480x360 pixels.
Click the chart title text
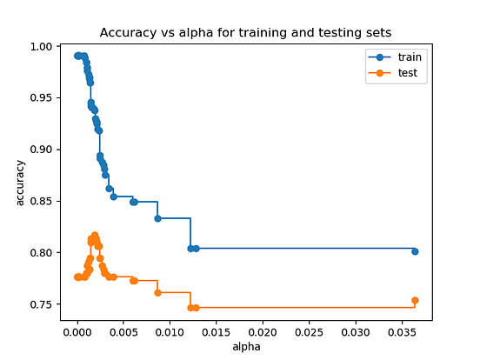[245, 32]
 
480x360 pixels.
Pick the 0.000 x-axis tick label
[77, 332]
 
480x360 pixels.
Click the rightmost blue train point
[415, 251]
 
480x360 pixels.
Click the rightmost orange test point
[415, 300]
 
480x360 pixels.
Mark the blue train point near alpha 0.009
[157, 218]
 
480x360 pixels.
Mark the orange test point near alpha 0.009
[157, 292]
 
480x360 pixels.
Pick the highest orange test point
[95, 235]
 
